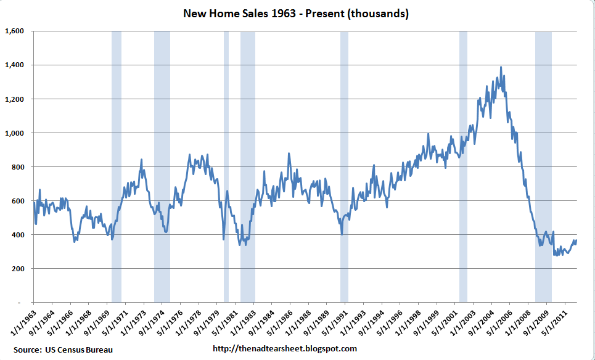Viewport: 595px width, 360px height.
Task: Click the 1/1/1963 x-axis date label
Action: (23, 321)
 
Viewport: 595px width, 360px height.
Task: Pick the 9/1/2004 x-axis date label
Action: (482, 321)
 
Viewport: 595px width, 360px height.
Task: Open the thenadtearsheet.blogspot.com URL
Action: (284, 349)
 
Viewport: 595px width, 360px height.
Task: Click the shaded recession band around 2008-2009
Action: (543, 166)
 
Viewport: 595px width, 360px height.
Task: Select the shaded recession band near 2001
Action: (463, 166)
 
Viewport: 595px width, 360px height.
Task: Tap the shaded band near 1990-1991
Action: (344, 166)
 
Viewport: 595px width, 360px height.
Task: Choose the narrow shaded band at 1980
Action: (226, 166)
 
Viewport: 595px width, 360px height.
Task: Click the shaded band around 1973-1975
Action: (162, 166)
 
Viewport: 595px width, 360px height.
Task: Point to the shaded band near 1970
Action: (116, 166)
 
